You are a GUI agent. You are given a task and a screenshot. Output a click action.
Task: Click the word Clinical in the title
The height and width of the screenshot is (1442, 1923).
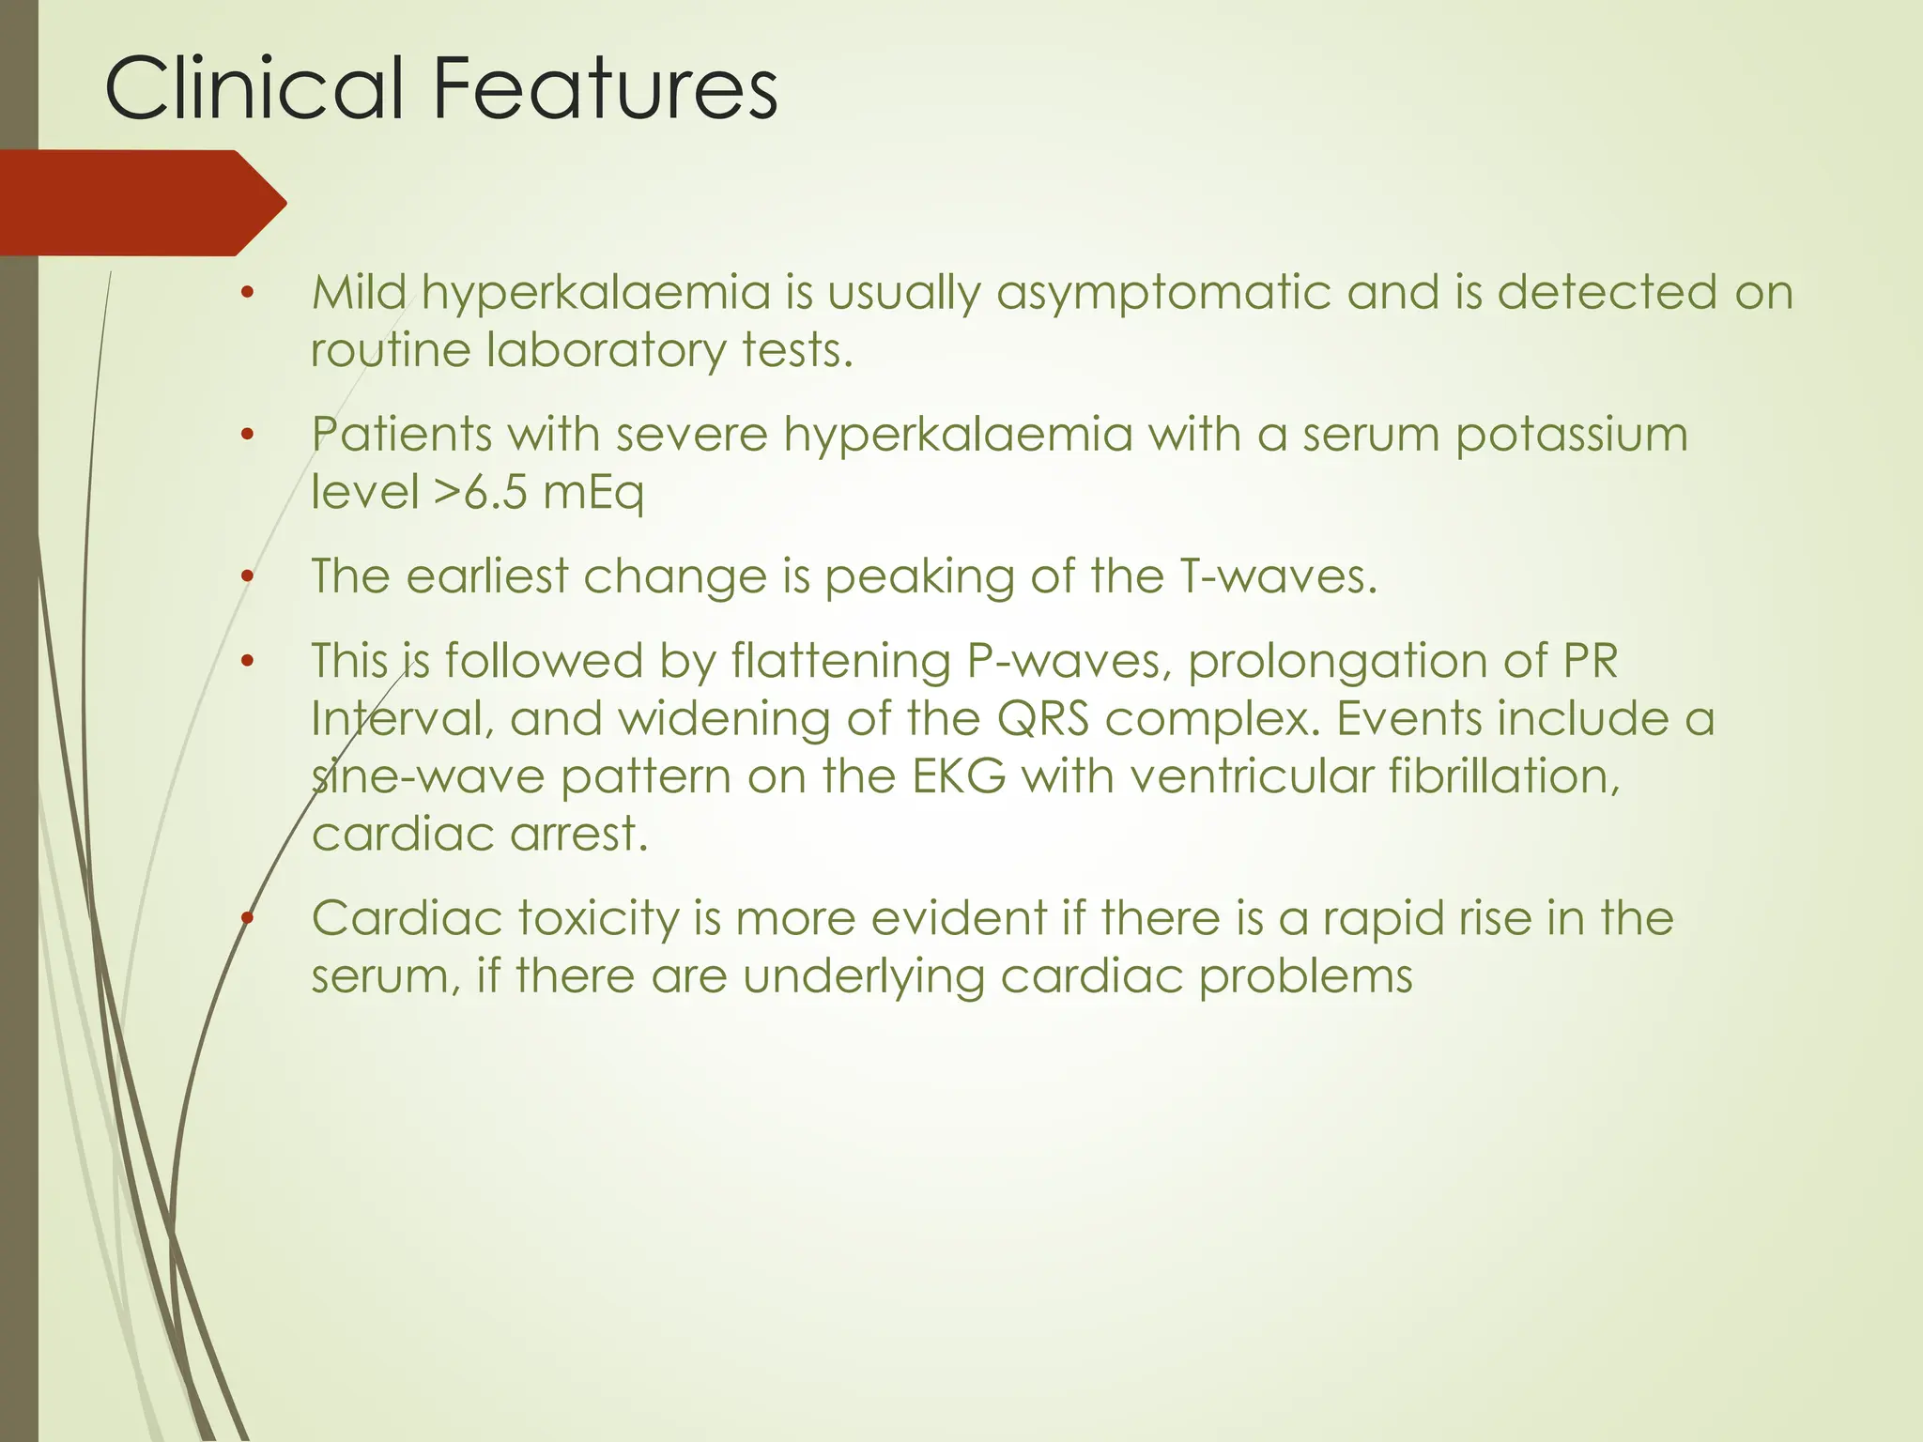pos(254,88)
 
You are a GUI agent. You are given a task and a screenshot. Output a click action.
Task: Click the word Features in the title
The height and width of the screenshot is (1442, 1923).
pos(605,88)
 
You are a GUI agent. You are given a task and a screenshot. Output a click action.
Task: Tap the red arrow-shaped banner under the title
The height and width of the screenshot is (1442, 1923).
pos(141,203)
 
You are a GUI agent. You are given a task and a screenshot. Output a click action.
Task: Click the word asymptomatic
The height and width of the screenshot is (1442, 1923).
pos(1163,294)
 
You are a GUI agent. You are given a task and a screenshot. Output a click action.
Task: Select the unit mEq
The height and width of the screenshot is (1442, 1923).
pos(593,494)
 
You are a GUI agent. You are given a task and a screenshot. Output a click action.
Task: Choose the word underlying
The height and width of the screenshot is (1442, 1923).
pos(863,978)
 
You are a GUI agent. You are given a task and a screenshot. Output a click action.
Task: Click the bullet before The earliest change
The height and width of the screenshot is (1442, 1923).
pos(247,576)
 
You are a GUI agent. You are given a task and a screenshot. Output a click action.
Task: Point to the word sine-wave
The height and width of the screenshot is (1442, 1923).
pos(427,777)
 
